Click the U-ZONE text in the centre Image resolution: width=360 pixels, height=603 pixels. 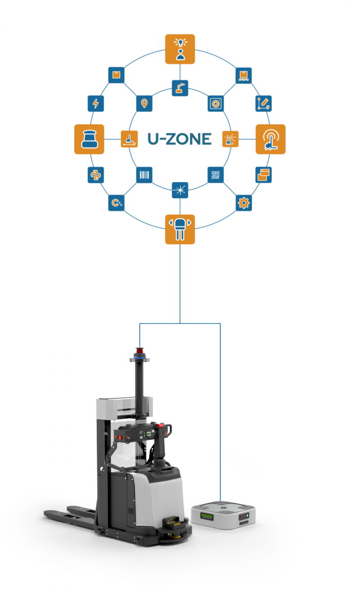point(180,139)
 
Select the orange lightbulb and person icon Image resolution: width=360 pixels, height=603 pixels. point(180,49)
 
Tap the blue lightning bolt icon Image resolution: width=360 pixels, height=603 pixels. point(95,104)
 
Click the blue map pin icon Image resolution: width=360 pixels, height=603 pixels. point(144,104)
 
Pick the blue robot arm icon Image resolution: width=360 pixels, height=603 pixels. point(180,87)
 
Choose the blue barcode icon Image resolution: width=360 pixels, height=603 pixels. point(144,175)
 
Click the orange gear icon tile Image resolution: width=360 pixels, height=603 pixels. point(244,203)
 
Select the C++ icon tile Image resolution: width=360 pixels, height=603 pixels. point(116,203)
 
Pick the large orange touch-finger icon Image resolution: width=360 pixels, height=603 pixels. point(270,139)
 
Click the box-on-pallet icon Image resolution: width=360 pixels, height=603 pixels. point(244,75)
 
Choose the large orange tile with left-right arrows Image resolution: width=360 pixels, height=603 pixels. point(180,229)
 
